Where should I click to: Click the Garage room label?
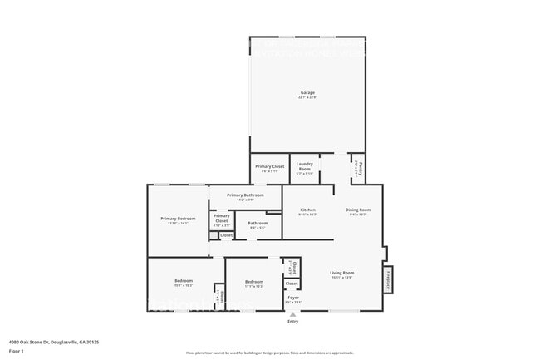[307, 92]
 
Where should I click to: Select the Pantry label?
[356, 169]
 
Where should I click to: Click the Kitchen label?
[307, 210]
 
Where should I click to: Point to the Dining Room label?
[358, 210]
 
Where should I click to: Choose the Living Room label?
[342, 274]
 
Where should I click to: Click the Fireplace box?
[388, 279]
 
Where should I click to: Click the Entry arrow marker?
[292, 314]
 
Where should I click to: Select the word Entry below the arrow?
[292, 322]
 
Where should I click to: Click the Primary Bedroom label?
[178, 219]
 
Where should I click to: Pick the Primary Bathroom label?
[245, 195]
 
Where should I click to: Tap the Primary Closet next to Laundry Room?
[269, 167]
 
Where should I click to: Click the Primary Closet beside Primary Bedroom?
[222, 220]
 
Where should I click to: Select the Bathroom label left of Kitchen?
[258, 223]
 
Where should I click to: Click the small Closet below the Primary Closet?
[226, 235]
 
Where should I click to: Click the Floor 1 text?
[16, 352]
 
